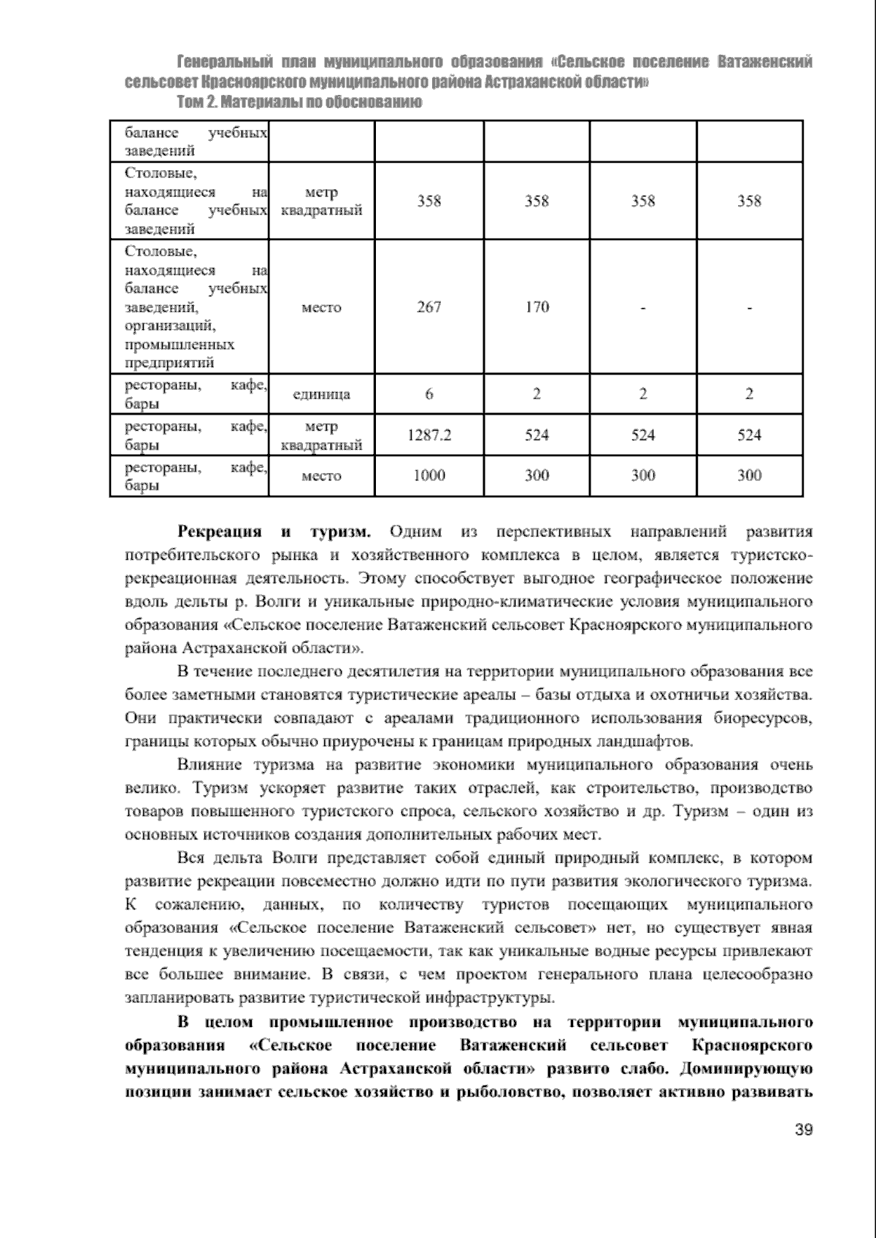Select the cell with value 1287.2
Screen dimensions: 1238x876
pos(429,436)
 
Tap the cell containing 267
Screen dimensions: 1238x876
pos(429,307)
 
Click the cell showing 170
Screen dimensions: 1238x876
pos(537,307)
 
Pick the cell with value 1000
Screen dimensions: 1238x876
pos(429,476)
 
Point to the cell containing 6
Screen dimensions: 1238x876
pos(429,395)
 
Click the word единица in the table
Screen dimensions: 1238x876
pos(321,395)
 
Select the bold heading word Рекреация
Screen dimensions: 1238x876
pos(220,531)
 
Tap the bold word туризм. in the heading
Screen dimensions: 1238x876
pos(342,531)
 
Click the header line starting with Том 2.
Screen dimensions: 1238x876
pos(299,102)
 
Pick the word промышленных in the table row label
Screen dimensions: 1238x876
pos(180,345)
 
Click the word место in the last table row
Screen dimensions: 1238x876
pos(321,477)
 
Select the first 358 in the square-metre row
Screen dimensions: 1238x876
pos(429,201)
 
